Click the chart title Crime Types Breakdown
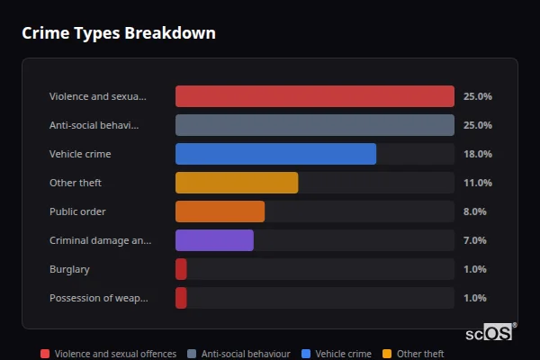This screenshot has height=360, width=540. pyautogui.click(x=118, y=33)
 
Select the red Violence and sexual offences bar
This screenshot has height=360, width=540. pyautogui.click(x=314, y=96)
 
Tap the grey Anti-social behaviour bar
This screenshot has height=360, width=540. pyautogui.click(x=314, y=125)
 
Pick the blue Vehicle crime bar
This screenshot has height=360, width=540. pyautogui.click(x=275, y=154)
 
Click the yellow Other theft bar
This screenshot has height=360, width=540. pyautogui.click(x=237, y=183)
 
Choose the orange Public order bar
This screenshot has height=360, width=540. pyautogui.click(x=220, y=211)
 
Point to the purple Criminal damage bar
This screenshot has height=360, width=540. pyautogui.click(x=214, y=240)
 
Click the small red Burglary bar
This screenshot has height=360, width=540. pyautogui.click(x=181, y=269)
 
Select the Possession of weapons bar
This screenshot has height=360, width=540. pyautogui.click(x=181, y=298)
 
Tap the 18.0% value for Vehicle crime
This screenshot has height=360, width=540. pyautogui.click(x=477, y=154)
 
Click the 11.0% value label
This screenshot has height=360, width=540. pyautogui.click(x=477, y=183)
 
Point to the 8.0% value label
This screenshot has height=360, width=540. pyautogui.click(x=474, y=211)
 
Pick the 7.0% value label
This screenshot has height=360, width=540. pyautogui.click(x=474, y=240)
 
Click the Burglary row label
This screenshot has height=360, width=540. pyautogui.click(x=69, y=269)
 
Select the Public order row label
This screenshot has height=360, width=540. pyautogui.click(x=77, y=211)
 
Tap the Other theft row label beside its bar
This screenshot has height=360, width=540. pyautogui.click(x=76, y=183)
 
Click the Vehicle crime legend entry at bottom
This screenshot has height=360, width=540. pyautogui.click(x=343, y=354)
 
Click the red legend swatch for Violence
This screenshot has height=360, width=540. pyautogui.click(x=45, y=354)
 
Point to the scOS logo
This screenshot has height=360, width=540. pyautogui.click(x=490, y=333)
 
